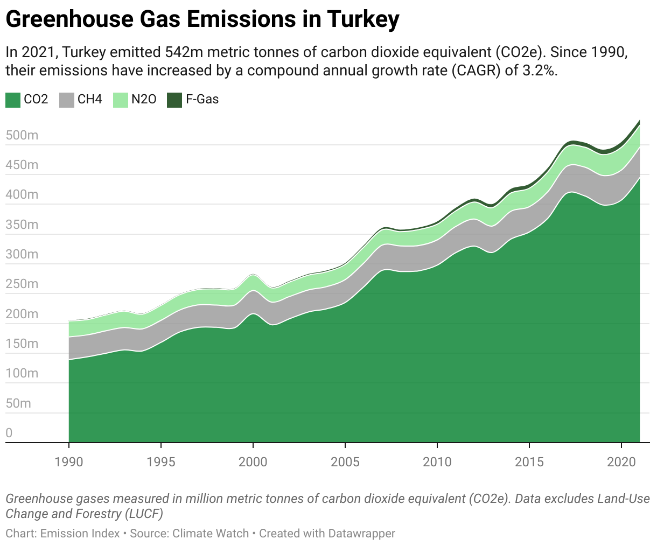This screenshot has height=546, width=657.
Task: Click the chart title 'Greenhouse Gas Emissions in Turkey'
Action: point(202,20)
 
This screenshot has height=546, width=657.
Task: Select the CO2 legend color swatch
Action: point(13,100)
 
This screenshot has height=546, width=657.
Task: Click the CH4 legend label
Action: point(89,100)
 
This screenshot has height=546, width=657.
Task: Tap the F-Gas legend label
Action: point(202,100)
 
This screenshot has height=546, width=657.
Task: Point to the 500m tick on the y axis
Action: point(22,135)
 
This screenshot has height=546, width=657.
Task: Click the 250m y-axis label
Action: point(22,284)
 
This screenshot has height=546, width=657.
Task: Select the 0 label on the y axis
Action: point(9,433)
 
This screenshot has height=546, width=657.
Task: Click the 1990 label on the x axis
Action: point(69,461)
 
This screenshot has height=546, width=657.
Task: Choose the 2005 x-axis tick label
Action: point(345,461)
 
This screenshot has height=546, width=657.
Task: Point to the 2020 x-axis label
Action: point(621,461)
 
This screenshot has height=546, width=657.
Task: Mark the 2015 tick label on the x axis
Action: point(529,461)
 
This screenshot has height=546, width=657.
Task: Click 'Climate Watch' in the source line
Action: point(211,534)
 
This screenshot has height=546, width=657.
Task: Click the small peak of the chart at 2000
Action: point(253,275)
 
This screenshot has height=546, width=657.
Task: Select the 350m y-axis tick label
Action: point(22,225)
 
